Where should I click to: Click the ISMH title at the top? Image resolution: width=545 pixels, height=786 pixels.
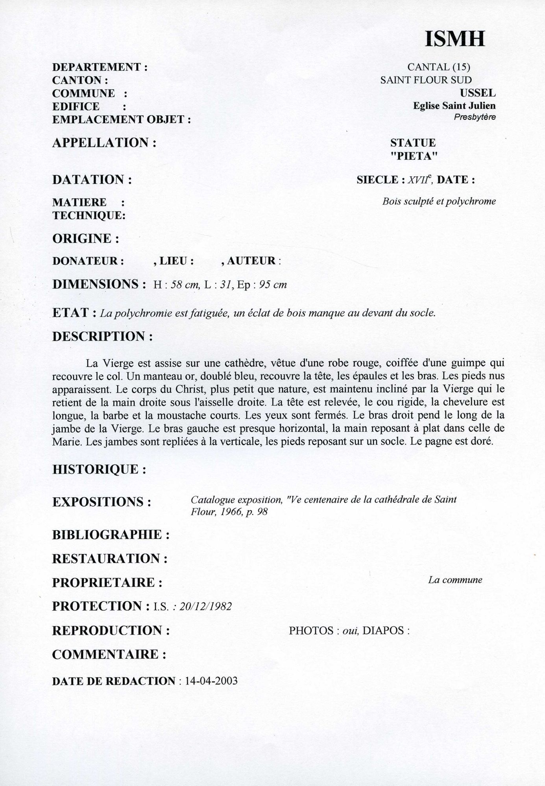point(454,39)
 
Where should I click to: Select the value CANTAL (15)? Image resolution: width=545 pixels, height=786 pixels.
point(439,67)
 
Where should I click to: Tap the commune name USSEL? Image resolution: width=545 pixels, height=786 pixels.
point(477,93)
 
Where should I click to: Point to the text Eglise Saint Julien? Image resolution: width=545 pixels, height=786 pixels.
point(454,106)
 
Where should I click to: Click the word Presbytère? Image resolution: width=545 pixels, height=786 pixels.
point(475,117)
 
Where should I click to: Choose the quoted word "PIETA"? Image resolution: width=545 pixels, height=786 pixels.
point(414,156)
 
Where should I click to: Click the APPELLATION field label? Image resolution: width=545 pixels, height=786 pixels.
point(104,143)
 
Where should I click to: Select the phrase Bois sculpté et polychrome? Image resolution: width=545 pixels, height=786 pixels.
point(439,202)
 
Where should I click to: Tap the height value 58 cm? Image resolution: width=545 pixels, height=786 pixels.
point(186,285)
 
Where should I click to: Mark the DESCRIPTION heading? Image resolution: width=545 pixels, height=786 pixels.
point(102,337)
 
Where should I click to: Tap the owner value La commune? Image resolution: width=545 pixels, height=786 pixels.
point(455,580)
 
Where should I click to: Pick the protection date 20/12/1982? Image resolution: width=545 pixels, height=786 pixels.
point(205,607)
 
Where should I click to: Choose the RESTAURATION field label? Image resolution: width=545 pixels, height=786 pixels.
point(110,559)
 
